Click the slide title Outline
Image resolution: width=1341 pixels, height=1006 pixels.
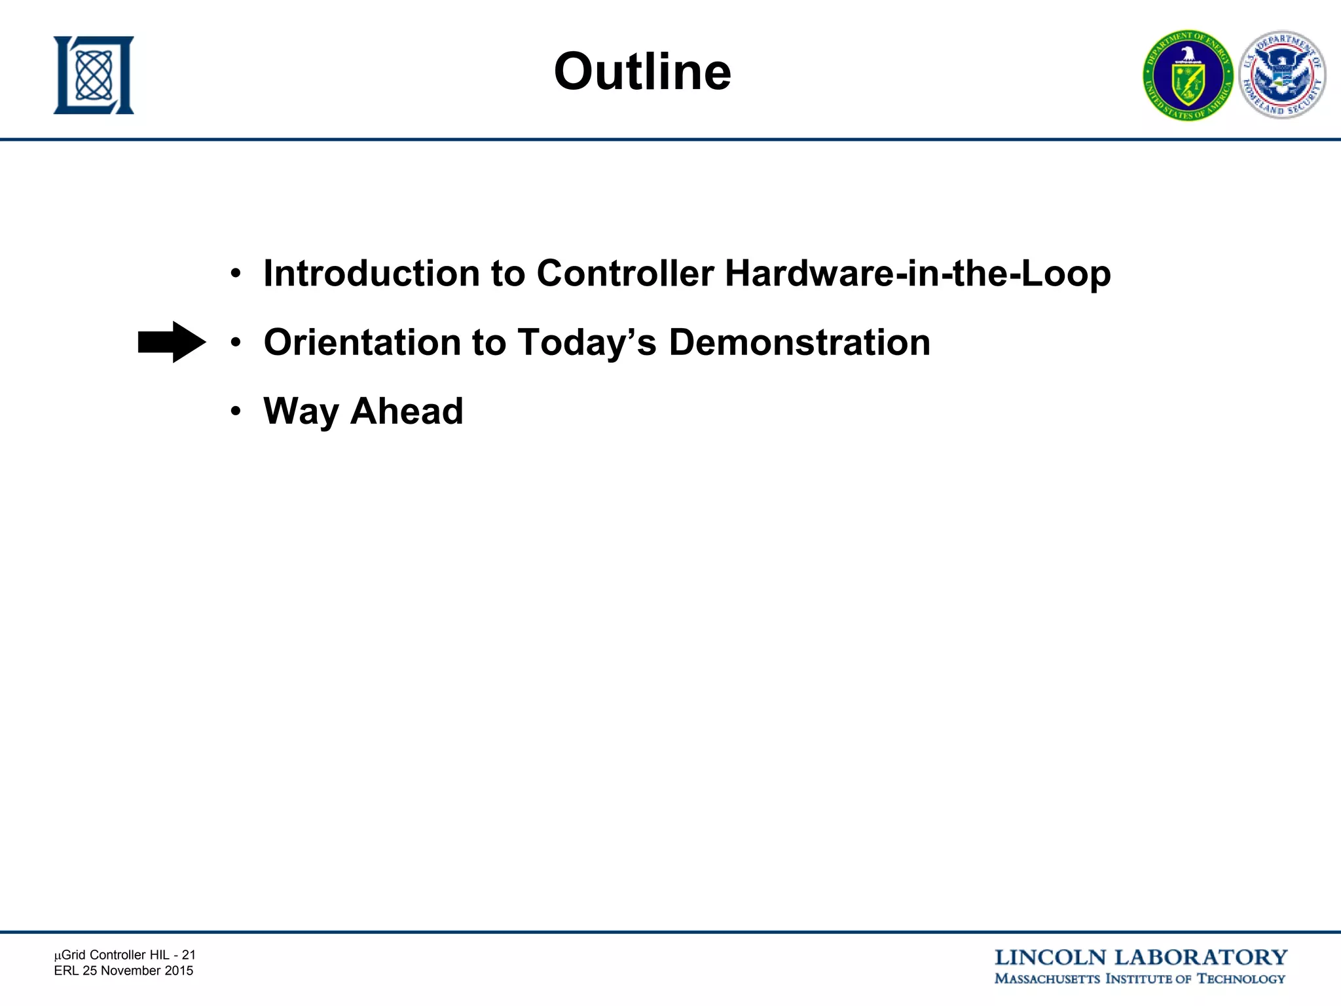(642, 71)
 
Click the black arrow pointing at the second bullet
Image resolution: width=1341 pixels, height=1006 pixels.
(172, 342)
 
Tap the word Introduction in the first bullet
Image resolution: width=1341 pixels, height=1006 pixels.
(371, 273)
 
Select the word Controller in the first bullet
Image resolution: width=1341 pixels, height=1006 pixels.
(625, 273)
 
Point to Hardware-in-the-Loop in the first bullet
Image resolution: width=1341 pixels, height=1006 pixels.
(917, 273)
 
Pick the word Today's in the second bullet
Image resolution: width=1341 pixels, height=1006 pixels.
(587, 343)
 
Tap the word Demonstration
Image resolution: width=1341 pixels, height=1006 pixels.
(799, 343)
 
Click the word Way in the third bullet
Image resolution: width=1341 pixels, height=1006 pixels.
(301, 412)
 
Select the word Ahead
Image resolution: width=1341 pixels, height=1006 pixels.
(407, 412)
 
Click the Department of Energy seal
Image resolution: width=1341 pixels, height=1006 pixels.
(1188, 76)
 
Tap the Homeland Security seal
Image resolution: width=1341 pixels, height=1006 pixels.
(1282, 75)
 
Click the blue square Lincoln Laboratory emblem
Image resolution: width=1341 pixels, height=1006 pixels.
(94, 75)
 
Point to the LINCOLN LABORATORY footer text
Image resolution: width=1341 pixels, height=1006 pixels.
(1141, 958)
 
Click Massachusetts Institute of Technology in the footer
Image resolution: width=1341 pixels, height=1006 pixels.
(1139, 979)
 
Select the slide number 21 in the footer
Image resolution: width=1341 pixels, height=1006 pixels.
(189, 955)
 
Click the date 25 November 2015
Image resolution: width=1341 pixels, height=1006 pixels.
(138, 971)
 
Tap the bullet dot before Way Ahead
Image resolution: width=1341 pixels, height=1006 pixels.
(236, 412)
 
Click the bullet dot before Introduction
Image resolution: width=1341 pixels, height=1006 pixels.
(236, 273)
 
